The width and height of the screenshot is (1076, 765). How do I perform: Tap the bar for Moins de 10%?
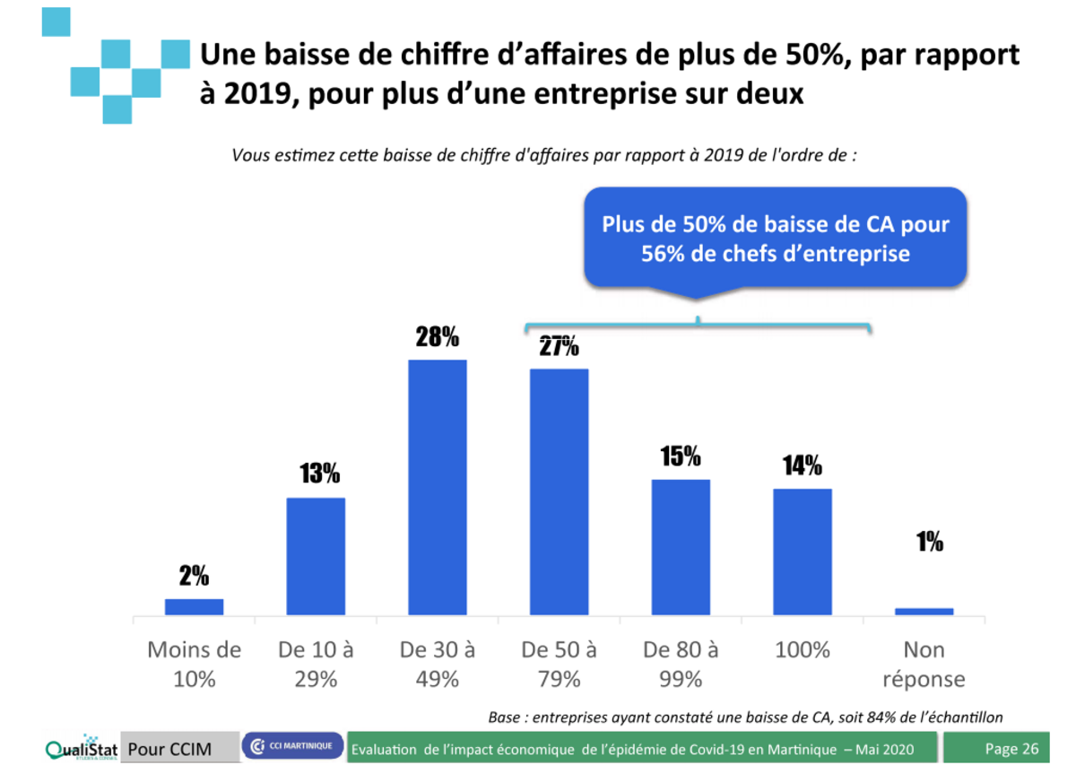point(194,606)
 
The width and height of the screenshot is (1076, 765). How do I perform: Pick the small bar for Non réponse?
point(924,611)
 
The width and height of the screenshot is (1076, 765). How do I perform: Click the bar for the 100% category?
point(803,552)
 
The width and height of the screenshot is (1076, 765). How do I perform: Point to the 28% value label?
point(438,338)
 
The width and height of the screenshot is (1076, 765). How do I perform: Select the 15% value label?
point(681,456)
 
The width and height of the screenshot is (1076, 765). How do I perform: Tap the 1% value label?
point(929,542)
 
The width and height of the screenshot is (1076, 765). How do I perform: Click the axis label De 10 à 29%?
point(316,665)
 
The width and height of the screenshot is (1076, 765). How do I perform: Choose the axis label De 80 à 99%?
point(681,665)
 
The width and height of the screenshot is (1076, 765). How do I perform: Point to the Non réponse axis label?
point(924,665)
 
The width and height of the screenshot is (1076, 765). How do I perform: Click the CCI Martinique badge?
point(292,745)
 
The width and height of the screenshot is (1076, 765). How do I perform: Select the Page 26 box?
point(1011,748)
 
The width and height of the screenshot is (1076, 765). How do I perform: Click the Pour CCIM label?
point(169,748)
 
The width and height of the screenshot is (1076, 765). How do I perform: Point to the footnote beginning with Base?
point(744,717)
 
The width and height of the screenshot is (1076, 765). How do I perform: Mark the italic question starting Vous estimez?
point(545,155)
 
